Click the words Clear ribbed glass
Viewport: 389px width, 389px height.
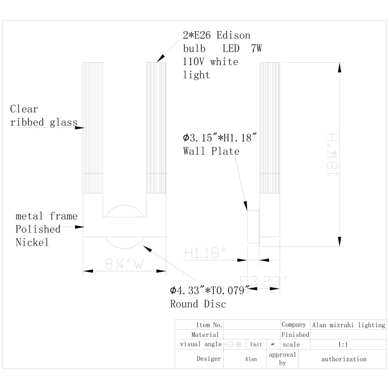[43, 116]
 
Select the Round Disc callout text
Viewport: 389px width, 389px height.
[198, 304]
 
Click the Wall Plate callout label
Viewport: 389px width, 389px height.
[211, 151]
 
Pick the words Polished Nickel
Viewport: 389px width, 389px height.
[38, 235]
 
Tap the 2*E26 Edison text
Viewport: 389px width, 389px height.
[216, 35]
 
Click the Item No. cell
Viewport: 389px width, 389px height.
[209, 324]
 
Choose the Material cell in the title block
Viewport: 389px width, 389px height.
[205, 335]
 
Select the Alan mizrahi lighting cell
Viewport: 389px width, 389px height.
[348, 324]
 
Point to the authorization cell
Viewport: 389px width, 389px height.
[344, 359]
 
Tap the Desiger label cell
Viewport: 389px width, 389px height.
[209, 359]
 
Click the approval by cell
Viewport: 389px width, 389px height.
[282, 359]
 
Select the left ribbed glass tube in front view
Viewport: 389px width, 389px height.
[93, 129]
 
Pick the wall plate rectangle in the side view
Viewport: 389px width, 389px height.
[253, 226]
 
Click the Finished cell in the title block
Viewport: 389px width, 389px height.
[295, 335]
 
